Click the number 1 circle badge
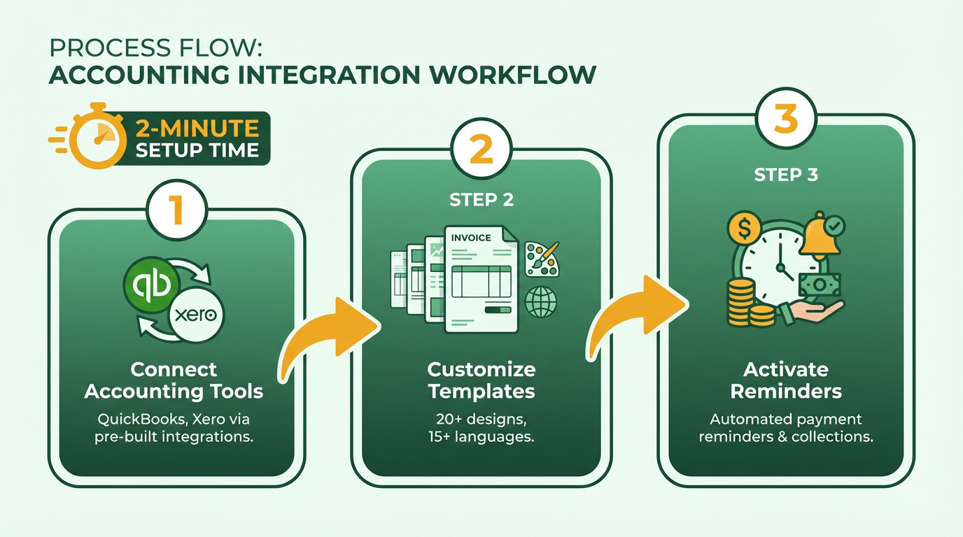click(176, 210)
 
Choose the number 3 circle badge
click(786, 118)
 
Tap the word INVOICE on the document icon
click(471, 238)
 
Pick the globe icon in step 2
click(541, 302)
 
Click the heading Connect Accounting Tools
click(174, 380)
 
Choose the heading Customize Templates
click(481, 380)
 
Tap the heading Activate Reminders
click(786, 380)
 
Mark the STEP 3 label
click(786, 175)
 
